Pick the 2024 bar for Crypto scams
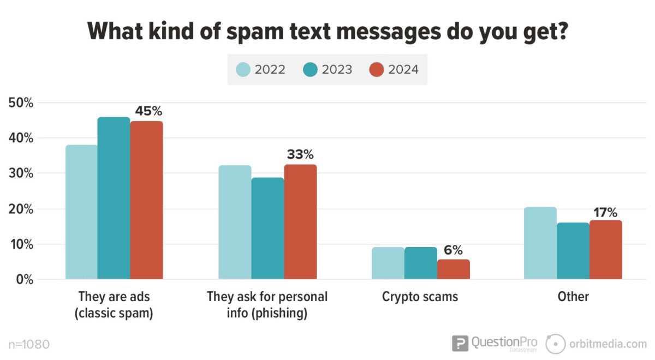pos(453,269)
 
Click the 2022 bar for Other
pos(540,243)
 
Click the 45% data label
pos(149,111)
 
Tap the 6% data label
pos(453,250)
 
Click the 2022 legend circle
pos(243,70)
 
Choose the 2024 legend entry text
pos(403,70)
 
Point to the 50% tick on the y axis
pos(21,103)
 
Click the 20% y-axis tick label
pos(21,209)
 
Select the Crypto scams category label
pos(420,297)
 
